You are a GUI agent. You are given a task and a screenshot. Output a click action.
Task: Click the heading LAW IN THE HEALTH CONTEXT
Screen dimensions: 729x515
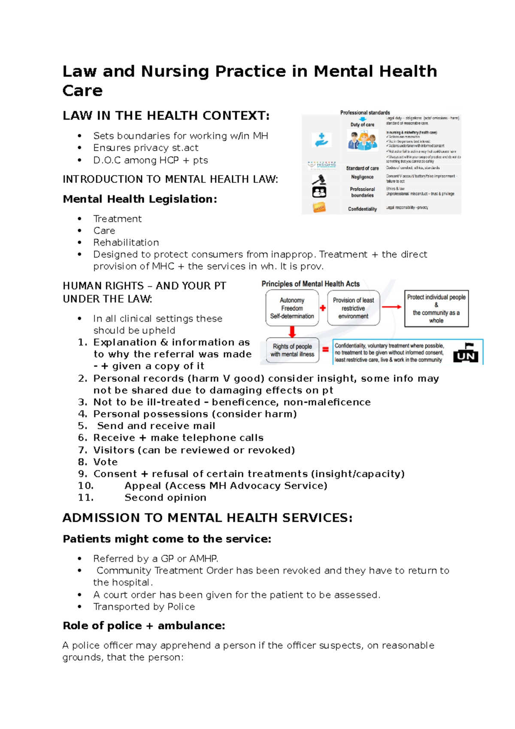click(x=166, y=115)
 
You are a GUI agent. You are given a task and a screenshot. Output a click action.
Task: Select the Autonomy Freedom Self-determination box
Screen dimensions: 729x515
click(x=292, y=308)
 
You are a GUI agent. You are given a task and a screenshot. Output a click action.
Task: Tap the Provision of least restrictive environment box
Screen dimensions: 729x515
click(x=353, y=308)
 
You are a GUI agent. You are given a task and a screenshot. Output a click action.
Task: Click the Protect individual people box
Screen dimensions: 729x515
click(x=436, y=308)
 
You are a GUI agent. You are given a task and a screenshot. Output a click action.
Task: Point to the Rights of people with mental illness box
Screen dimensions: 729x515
click(x=292, y=350)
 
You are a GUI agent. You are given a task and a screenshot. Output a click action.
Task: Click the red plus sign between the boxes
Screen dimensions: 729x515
click(x=323, y=308)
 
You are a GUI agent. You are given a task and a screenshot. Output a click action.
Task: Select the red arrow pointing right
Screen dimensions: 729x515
click(x=391, y=307)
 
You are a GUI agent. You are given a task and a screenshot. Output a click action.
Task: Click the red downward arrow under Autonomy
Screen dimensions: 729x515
click(x=292, y=331)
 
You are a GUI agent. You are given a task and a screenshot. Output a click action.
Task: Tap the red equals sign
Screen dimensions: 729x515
click(x=325, y=349)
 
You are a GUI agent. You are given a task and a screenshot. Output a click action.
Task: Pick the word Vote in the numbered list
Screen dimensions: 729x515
click(x=105, y=462)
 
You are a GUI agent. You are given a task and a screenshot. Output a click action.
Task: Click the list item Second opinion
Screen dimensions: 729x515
click(x=165, y=498)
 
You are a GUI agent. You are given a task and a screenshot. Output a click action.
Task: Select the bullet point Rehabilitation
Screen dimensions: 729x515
click(x=126, y=243)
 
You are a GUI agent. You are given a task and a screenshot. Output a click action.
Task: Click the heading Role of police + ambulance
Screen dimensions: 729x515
click(x=144, y=626)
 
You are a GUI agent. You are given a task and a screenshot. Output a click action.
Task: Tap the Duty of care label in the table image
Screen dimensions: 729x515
click(x=362, y=125)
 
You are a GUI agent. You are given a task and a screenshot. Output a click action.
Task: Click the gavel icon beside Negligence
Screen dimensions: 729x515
click(x=319, y=179)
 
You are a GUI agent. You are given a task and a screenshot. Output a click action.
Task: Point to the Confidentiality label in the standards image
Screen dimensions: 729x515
click(x=362, y=209)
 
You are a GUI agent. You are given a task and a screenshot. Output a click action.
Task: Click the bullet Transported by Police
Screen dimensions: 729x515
click(x=144, y=607)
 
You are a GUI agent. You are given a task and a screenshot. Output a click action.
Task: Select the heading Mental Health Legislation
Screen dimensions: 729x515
click(x=140, y=199)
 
